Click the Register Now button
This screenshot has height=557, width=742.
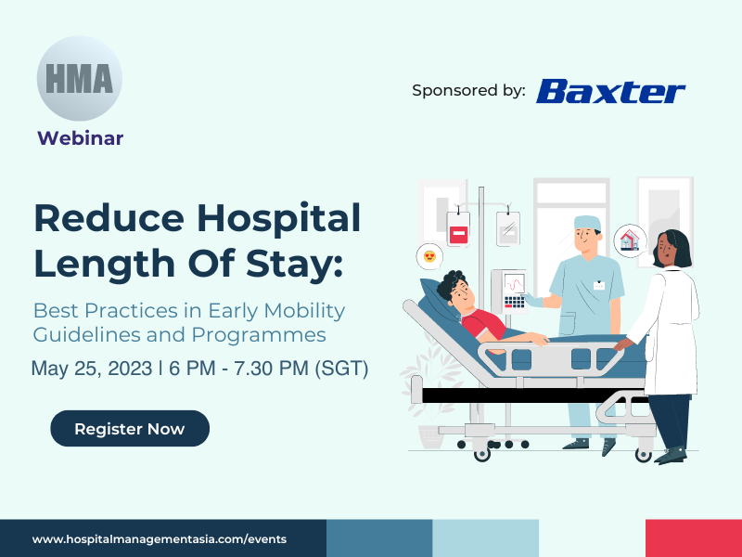click(130, 429)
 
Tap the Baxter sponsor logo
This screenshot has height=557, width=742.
click(610, 91)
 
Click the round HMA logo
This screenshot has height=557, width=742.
click(80, 78)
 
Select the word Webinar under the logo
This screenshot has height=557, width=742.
click(81, 138)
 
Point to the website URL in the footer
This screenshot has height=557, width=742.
click(160, 539)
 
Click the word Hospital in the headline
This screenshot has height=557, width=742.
click(279, 217)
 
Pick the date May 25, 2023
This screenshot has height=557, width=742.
click(91, 369)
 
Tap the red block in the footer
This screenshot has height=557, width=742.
click(694, 538)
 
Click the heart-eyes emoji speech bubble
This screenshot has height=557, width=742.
click(429, 257)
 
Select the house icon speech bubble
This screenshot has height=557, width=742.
click(631, 240)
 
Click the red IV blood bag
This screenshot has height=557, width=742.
click(458, 228)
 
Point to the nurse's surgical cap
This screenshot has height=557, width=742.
click(587, 223)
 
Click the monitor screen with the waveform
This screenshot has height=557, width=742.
click(514, 284)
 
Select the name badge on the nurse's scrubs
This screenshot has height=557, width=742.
click(599, 286)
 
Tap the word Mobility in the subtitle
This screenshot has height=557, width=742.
click(304, 311)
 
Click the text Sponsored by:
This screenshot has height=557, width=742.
click(468, 90)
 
